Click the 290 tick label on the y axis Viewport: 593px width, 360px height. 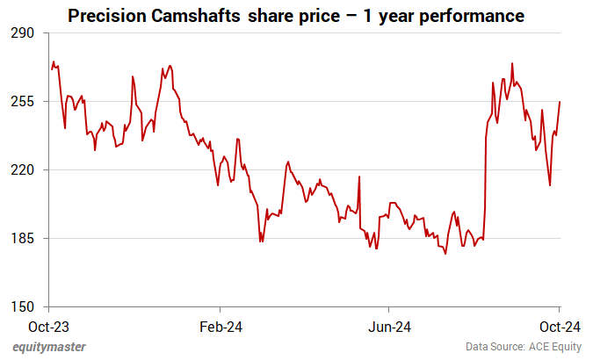point(22,33)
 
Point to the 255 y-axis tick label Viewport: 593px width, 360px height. point(22,102)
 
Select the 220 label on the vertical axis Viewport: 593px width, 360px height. point(22,170)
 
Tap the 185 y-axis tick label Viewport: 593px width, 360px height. point(22,239)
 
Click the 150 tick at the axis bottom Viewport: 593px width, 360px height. point(22,307)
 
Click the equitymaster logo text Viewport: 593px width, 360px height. point(49,347)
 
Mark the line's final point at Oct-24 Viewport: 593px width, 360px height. point(560,102)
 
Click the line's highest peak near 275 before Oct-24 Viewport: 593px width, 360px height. point(512,63)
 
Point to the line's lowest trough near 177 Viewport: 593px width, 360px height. point(446,254)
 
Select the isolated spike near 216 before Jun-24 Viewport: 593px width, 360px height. point(359,176)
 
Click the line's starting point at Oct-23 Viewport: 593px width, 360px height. point(51,68)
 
